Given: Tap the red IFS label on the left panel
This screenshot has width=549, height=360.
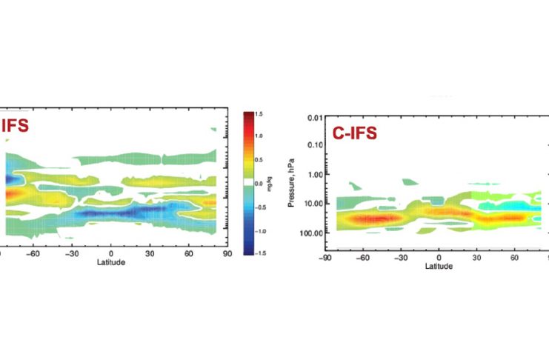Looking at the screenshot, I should point(15,125).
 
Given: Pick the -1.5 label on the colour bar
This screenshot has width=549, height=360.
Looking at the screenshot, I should point(260,253).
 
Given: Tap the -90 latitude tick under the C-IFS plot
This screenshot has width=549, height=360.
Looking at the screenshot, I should point(324,259).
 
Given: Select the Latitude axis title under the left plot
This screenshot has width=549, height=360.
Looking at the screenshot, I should point(111,262).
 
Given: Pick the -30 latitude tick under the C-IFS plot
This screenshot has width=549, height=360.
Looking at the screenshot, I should point(400,259).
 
